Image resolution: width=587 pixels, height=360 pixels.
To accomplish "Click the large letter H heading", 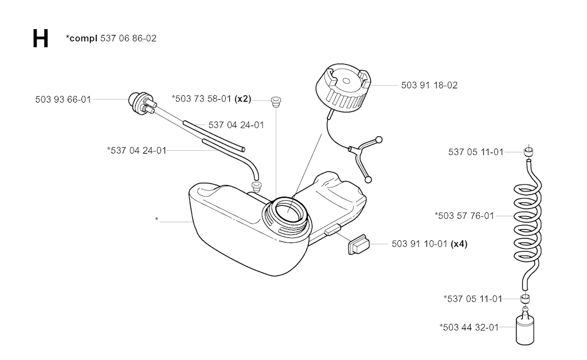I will tap(40, 38).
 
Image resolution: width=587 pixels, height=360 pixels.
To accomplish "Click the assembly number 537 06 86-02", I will tap(128, 38).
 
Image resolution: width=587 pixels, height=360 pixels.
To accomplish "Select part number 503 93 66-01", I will tap(63, 99).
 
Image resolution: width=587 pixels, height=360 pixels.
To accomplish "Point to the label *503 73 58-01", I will tap(202, 99).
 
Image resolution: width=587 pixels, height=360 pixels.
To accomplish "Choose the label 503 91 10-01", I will tap(420, 244).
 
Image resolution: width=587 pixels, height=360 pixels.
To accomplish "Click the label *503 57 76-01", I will tap(464, 216).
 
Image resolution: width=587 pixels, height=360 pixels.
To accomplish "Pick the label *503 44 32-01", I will tap(469, 327).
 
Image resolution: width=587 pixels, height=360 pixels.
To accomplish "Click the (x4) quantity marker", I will tap(459, 244).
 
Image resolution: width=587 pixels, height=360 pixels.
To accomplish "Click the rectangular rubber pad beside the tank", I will tap(358, 245).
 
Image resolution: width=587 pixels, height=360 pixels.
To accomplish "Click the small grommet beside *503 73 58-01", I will tap(275, 103).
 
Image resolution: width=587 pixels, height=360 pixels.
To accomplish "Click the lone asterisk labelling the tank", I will tap(156, 220).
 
